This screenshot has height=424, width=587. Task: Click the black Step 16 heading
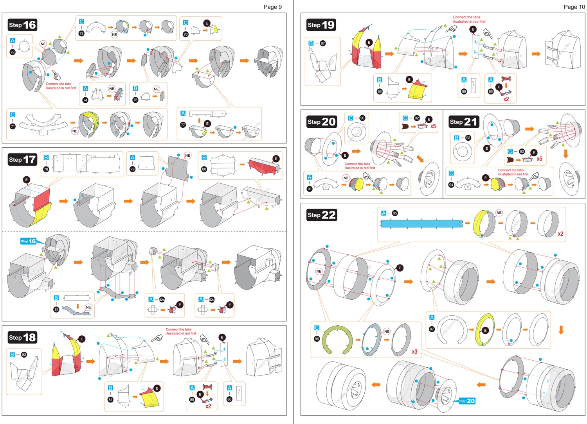click(x=22, y=25)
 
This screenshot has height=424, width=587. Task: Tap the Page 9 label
click(x=272, y=7)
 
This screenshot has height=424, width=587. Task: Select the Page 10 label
click(x=574, y=7)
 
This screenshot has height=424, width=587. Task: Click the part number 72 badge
click(x=13, y=52)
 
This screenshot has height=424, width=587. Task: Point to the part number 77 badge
click(x=183, y=125)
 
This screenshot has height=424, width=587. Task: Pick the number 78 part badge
click(x=46, y=169)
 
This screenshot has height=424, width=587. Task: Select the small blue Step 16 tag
click(x=28, y=241)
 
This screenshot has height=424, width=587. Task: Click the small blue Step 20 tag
click(x=467, y=401)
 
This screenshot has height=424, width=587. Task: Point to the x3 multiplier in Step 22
click(x=414, y=352)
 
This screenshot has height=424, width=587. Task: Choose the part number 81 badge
click(x=56, y=310)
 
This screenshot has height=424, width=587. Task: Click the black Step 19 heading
click(x=321, y=25)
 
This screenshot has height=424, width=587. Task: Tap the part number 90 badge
click(x=362, y=118)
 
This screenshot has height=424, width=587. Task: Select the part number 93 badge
click(x=468, y=138)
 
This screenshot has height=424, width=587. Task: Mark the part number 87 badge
click(x=323, y=43)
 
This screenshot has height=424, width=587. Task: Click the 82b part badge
click(x=162, y=299)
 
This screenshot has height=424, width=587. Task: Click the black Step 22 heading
click(x=321, y=215)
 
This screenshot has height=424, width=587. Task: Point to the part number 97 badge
click(x=432, y=329)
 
